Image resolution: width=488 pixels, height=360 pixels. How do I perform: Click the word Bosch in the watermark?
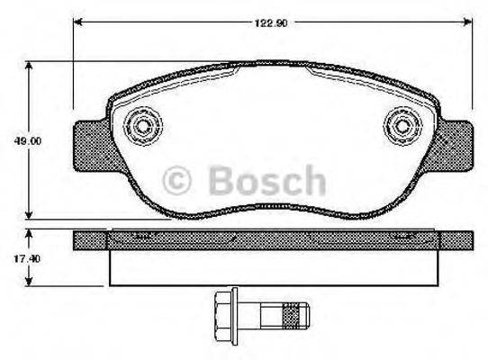[267, 180]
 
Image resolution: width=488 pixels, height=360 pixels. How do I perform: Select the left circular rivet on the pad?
[141, 122]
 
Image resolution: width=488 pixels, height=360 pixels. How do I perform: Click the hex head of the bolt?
[222, 317]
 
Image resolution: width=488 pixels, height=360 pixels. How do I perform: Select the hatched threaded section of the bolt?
[291, 317]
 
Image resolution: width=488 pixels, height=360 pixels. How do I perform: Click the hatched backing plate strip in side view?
[270, 239]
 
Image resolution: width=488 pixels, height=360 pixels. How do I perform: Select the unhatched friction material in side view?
[270, 266]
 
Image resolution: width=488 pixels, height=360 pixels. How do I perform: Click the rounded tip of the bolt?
[304, 317]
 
